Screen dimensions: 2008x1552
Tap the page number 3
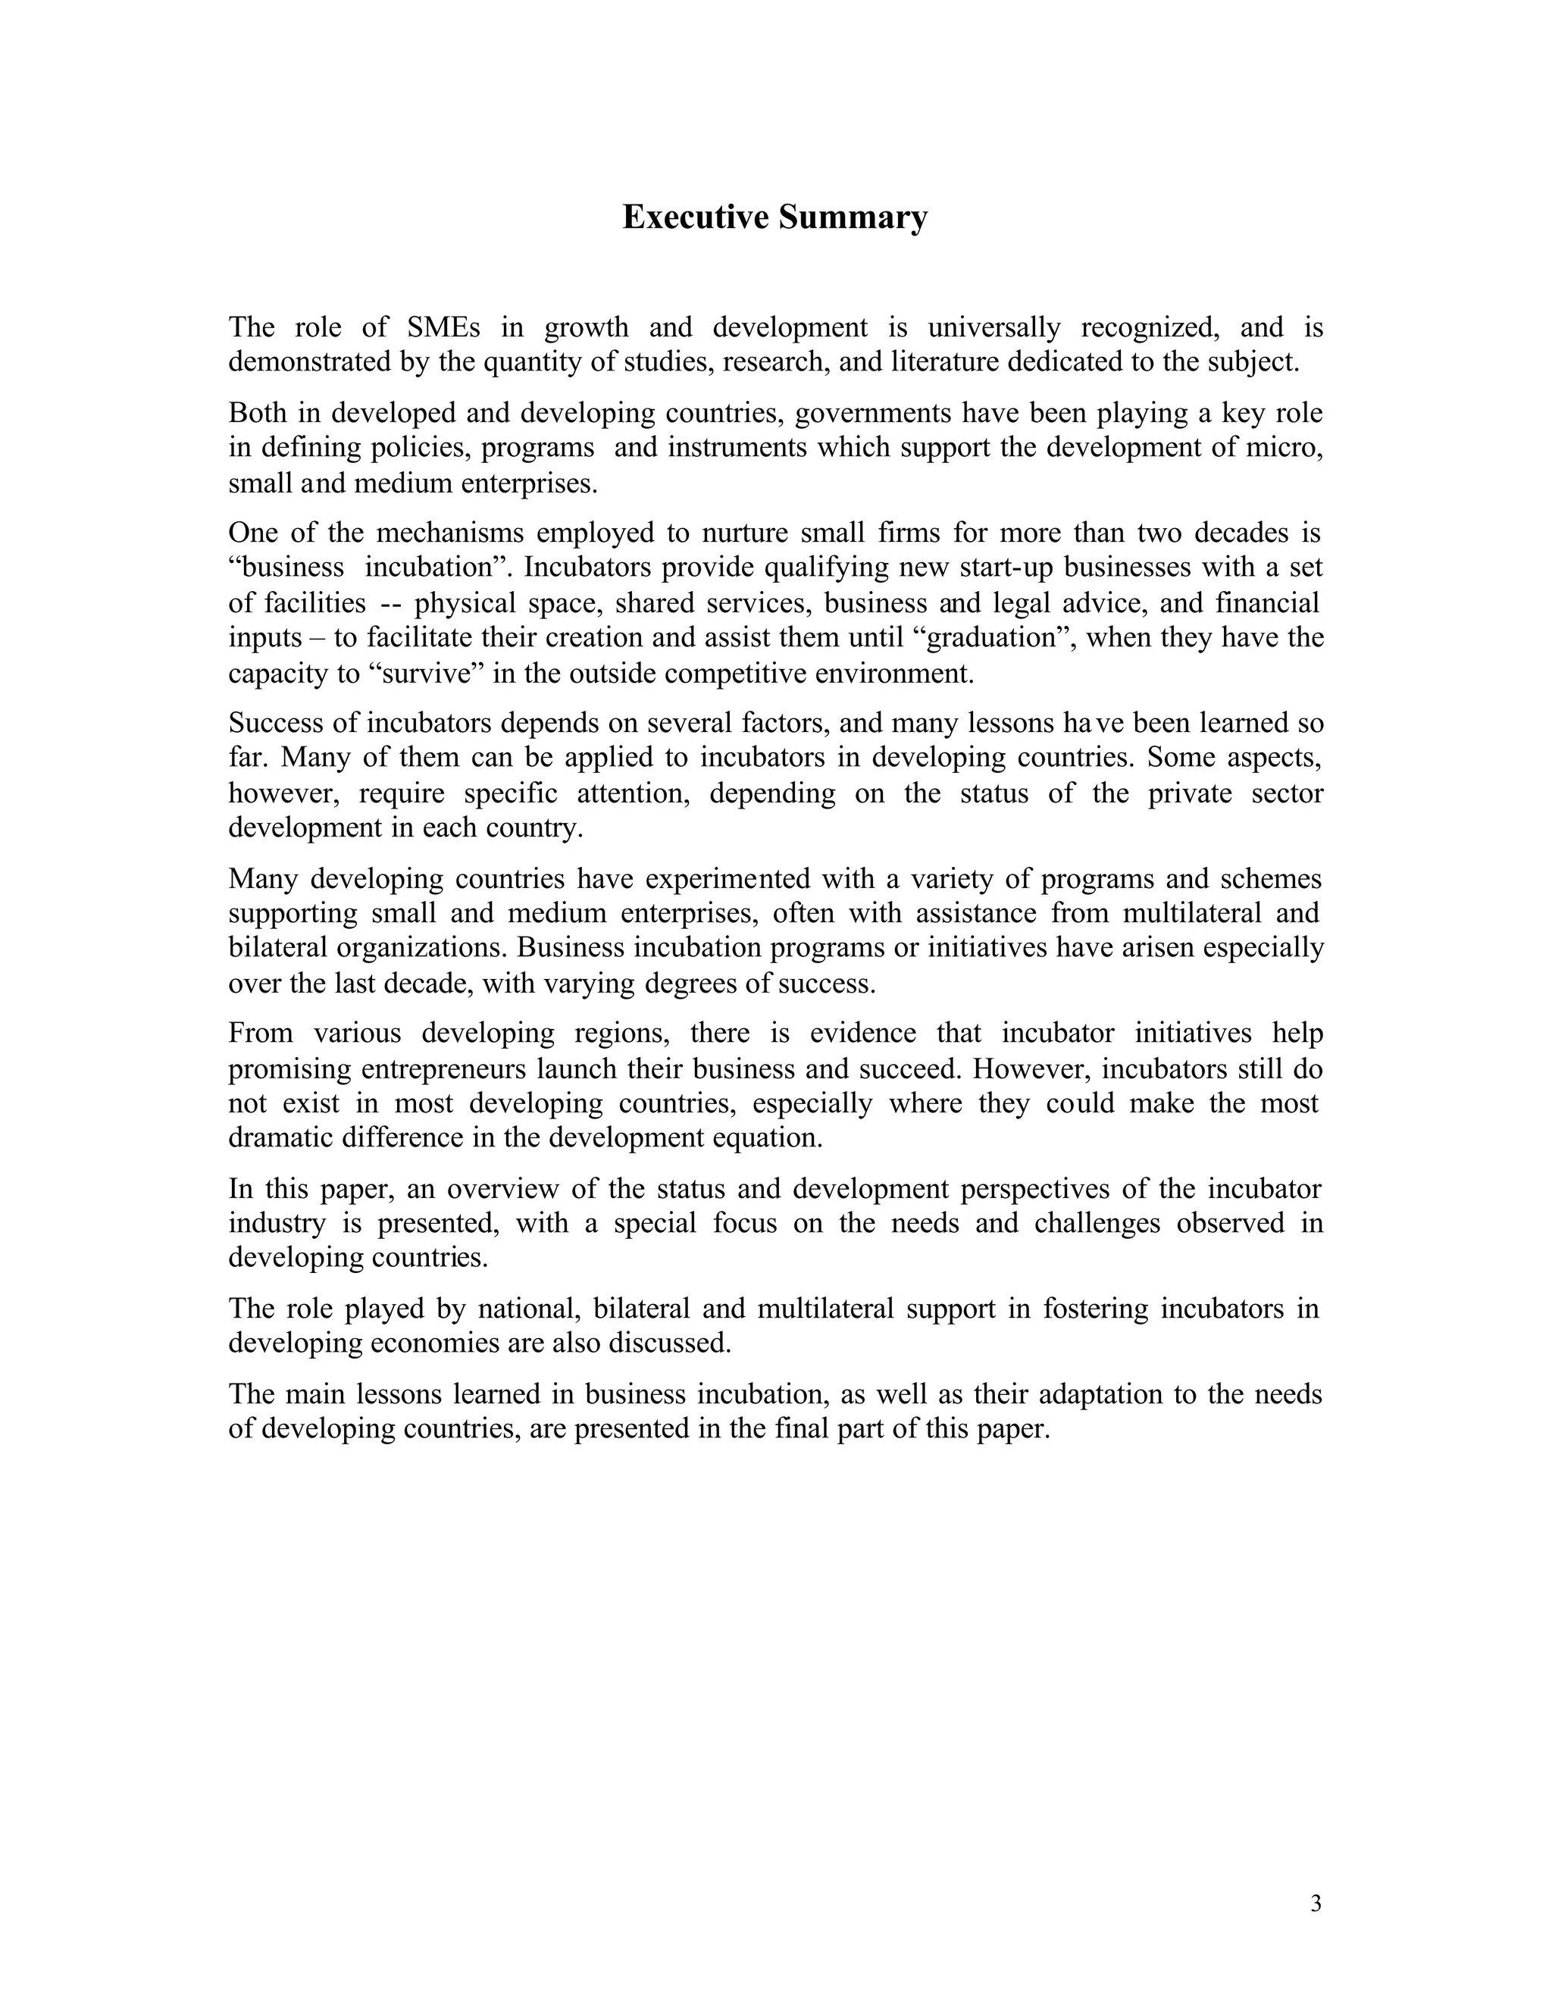(1316, 1903)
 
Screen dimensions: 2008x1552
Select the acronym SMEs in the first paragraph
(443, 327)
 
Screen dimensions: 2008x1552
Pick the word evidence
(862, 1034)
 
